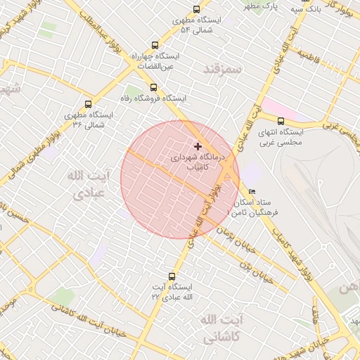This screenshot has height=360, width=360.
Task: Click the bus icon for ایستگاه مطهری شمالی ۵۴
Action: point(196,11)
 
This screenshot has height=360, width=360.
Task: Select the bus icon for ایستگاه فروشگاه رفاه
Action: point(154,87)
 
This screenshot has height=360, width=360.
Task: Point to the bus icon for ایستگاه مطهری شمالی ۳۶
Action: point(88,103)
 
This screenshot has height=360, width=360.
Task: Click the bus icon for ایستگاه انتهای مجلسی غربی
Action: point(281,121)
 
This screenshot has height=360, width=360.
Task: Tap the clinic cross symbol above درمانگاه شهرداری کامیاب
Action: point(197,146)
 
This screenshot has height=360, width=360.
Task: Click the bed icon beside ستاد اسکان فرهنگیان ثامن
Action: point(252,191)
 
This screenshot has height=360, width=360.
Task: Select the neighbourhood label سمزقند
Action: point(222,70)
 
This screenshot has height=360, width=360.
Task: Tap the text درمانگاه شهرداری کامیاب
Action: point(196,163)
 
